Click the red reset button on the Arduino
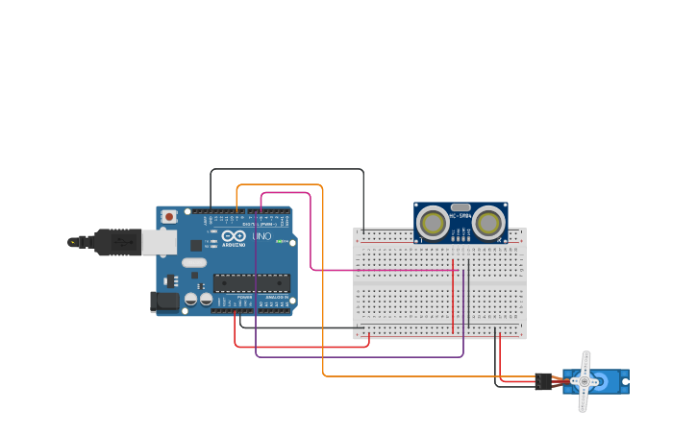tap(169, 217)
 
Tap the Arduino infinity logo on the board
tap(234, 236)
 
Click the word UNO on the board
tap(261, 236)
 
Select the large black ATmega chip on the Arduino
tap(251, 282)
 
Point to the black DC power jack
tap(164, 302)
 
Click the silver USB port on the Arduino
tap(159, 242)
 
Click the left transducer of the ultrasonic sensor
tap(434, 224)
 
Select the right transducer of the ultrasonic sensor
tap(488, 224)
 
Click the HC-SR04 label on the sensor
tap(461, 216)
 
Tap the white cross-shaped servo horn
tap(584, 381)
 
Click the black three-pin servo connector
tap(544, 381)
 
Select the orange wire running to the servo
tap(323, 288)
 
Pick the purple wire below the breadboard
tap(365, 357)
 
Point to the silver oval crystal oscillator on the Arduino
tap(194, 262)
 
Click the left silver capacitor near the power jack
tap(191, 300)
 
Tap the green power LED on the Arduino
tap(280, 241)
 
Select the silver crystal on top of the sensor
tap(461, 206)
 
